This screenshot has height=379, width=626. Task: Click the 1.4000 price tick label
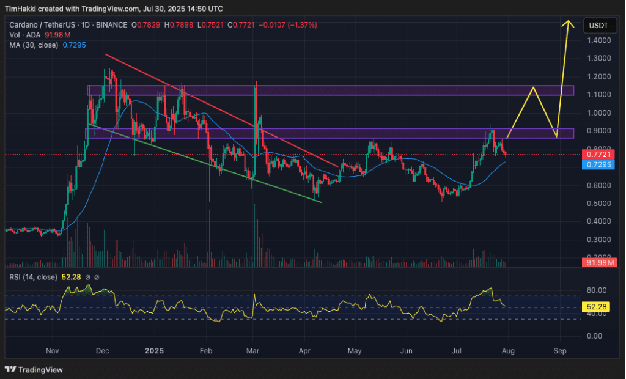(x=600, y=40)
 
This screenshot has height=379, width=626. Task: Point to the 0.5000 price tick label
(x=600, y=204)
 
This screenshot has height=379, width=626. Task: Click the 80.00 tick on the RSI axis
(x=595, y=290)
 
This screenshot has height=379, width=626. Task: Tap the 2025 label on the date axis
(x=155, y=351)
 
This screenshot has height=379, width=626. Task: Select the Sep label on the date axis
(x=560, y=351)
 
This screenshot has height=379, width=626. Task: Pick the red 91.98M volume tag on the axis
(x=599, y=262)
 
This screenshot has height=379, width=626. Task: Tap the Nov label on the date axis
(x=52, y=351)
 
